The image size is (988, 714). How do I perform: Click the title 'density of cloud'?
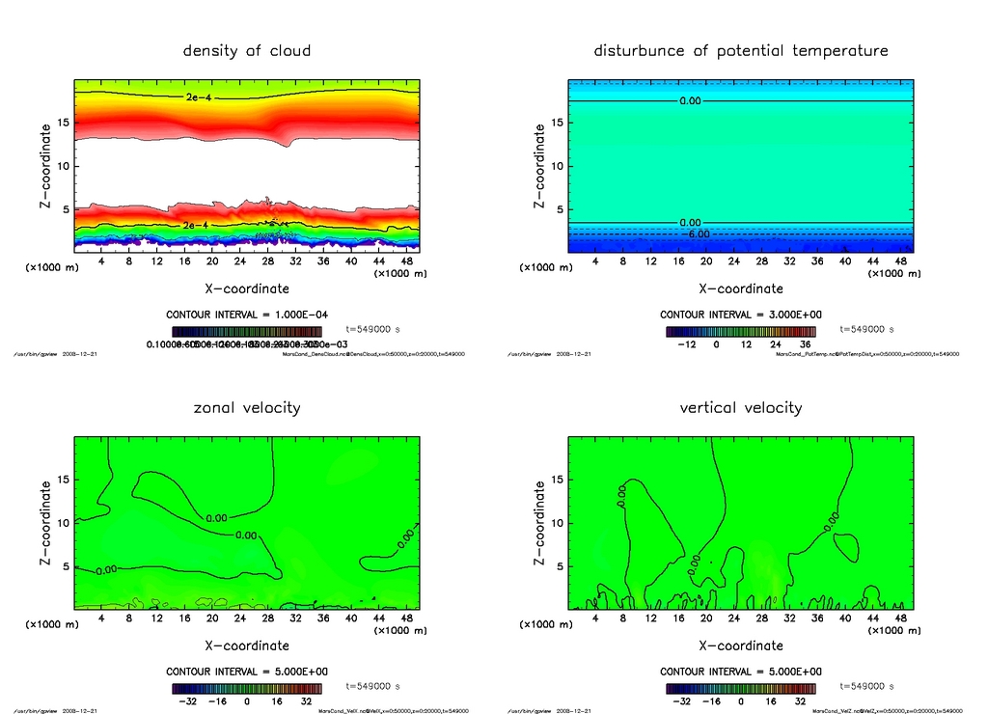[247, 50]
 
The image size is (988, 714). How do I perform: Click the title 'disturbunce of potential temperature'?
[740, 50]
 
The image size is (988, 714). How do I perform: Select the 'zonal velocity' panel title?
[247, 407]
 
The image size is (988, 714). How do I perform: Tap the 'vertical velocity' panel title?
[740, 407]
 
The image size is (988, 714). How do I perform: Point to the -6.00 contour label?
[696, 233]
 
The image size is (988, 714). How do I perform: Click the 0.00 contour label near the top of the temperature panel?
[690, 100]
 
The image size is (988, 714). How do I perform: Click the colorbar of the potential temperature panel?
[740, 331]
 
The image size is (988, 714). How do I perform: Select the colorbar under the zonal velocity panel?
[247, 688]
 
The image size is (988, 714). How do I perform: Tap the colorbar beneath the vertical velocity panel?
[740, 688]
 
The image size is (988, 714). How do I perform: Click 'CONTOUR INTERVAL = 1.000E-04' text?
[246, 316]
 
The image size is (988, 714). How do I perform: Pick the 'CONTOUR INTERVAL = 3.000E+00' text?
[740, 316]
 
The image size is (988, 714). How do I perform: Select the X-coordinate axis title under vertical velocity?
[740, 645]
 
